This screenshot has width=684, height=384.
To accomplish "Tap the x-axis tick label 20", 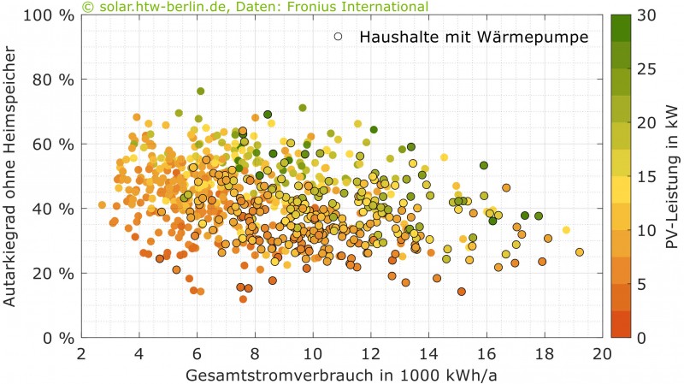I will tap(602, 353).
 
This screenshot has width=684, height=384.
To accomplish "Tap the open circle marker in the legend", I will tap(340, 37).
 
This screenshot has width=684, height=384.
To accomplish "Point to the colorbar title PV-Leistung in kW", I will tap(672, 177).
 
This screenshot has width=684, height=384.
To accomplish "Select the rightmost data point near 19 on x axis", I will tap(580, 252).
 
